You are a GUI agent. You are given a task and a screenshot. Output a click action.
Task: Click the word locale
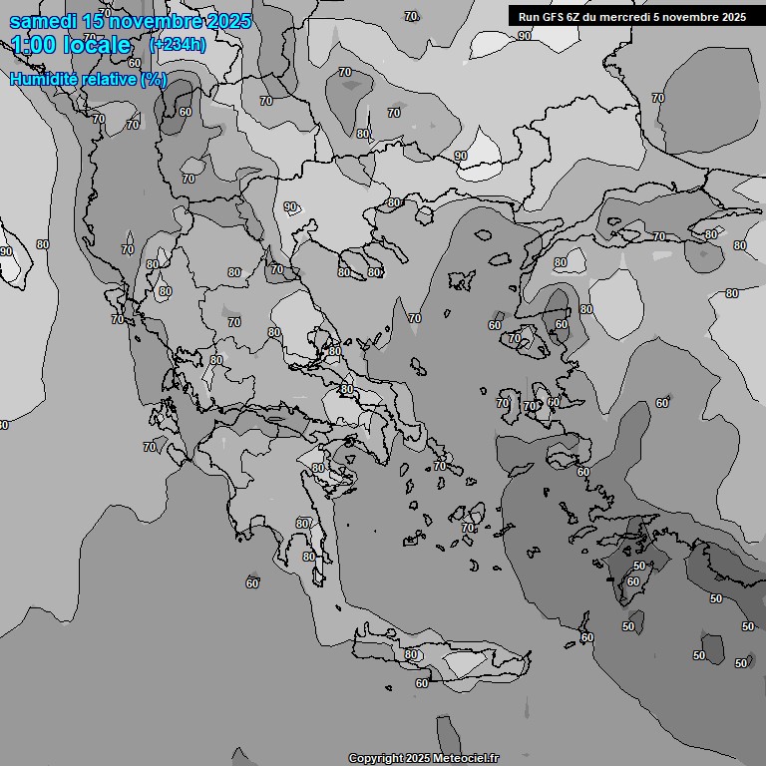[x=94, y=45]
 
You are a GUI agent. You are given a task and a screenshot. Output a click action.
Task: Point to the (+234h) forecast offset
[x=178, y=44]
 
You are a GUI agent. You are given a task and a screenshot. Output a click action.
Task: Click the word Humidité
[x=42, y=79]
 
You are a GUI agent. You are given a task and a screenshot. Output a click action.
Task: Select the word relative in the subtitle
[x=107, y=79]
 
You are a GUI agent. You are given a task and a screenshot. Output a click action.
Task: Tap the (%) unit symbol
[x=154, y=79]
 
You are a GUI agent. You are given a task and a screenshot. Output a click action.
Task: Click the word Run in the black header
[x=529, y=17]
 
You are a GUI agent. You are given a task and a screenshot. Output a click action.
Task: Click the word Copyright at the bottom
[x=376, y=758]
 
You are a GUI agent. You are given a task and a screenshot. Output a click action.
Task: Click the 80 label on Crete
[x=412, y=654]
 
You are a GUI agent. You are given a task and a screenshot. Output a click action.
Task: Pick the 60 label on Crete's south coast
[x=422, y=683]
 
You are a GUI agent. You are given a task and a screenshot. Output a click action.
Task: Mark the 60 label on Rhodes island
[x=632, y=581]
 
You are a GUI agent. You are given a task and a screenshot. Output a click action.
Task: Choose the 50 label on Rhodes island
[x=639, y=566]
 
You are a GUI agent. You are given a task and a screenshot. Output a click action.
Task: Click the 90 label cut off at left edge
[x=5, y=251]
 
